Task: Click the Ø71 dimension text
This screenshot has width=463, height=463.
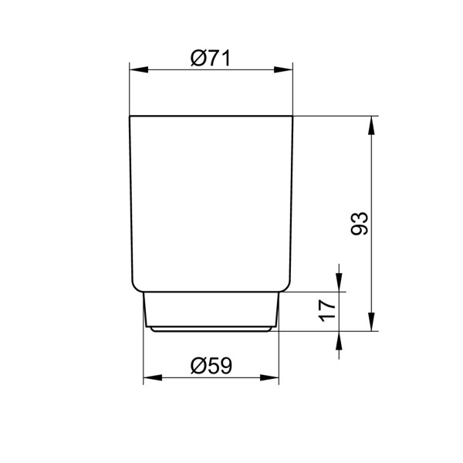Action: point(211,57)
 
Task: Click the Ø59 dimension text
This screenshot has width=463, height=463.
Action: point(211,366)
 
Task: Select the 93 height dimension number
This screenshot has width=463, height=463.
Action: point(360,224)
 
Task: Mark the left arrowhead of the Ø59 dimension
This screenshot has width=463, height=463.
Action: point(150,379)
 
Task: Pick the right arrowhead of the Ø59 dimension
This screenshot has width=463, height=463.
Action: point(272,379)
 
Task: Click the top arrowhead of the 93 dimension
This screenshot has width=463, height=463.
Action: point(373,123)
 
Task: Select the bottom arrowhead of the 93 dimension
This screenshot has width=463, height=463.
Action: point(373,324)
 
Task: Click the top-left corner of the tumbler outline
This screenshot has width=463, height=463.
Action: point(130,117)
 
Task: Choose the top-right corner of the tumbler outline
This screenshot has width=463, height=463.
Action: point(293,117)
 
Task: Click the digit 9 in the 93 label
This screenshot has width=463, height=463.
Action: point(360,230)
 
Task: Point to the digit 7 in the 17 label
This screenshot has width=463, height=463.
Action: point(327,306)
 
